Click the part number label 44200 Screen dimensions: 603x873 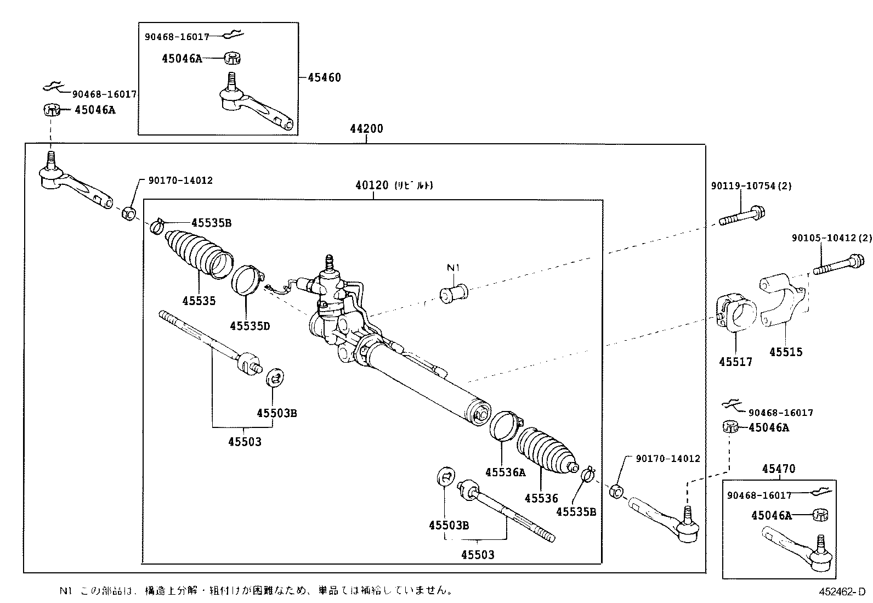pyautogui.click(x=367, y=129)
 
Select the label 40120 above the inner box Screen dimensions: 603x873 pyautogui.click(x=372, y=185)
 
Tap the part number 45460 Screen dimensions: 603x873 pyautogui.click(x=324, y=77)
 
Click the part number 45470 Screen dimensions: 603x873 pyautogui.click(x=779, y=469)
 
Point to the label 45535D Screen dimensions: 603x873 pyautogui.click(x=250, y=326)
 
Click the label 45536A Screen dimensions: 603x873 pyautogui.click(x=504, y=472)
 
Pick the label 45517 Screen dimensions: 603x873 pyautogui.click(x=736, y=362)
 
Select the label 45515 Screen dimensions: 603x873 pyautogui.click(x=786, y=352)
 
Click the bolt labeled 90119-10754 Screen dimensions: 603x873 pyautogui.click(x=743, y=216)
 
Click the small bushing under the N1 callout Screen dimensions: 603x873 pyautogui.click(x=454, y=295)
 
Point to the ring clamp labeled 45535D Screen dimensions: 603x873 pyautogui.click(x=247, y=280)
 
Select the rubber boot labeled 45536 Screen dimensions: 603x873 pyautogui.click(x=546, y=450)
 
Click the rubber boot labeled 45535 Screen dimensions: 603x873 pyautogui.click(x=197, y=253)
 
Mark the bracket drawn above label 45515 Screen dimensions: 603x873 pyautogui.click(x=781, y=302)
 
